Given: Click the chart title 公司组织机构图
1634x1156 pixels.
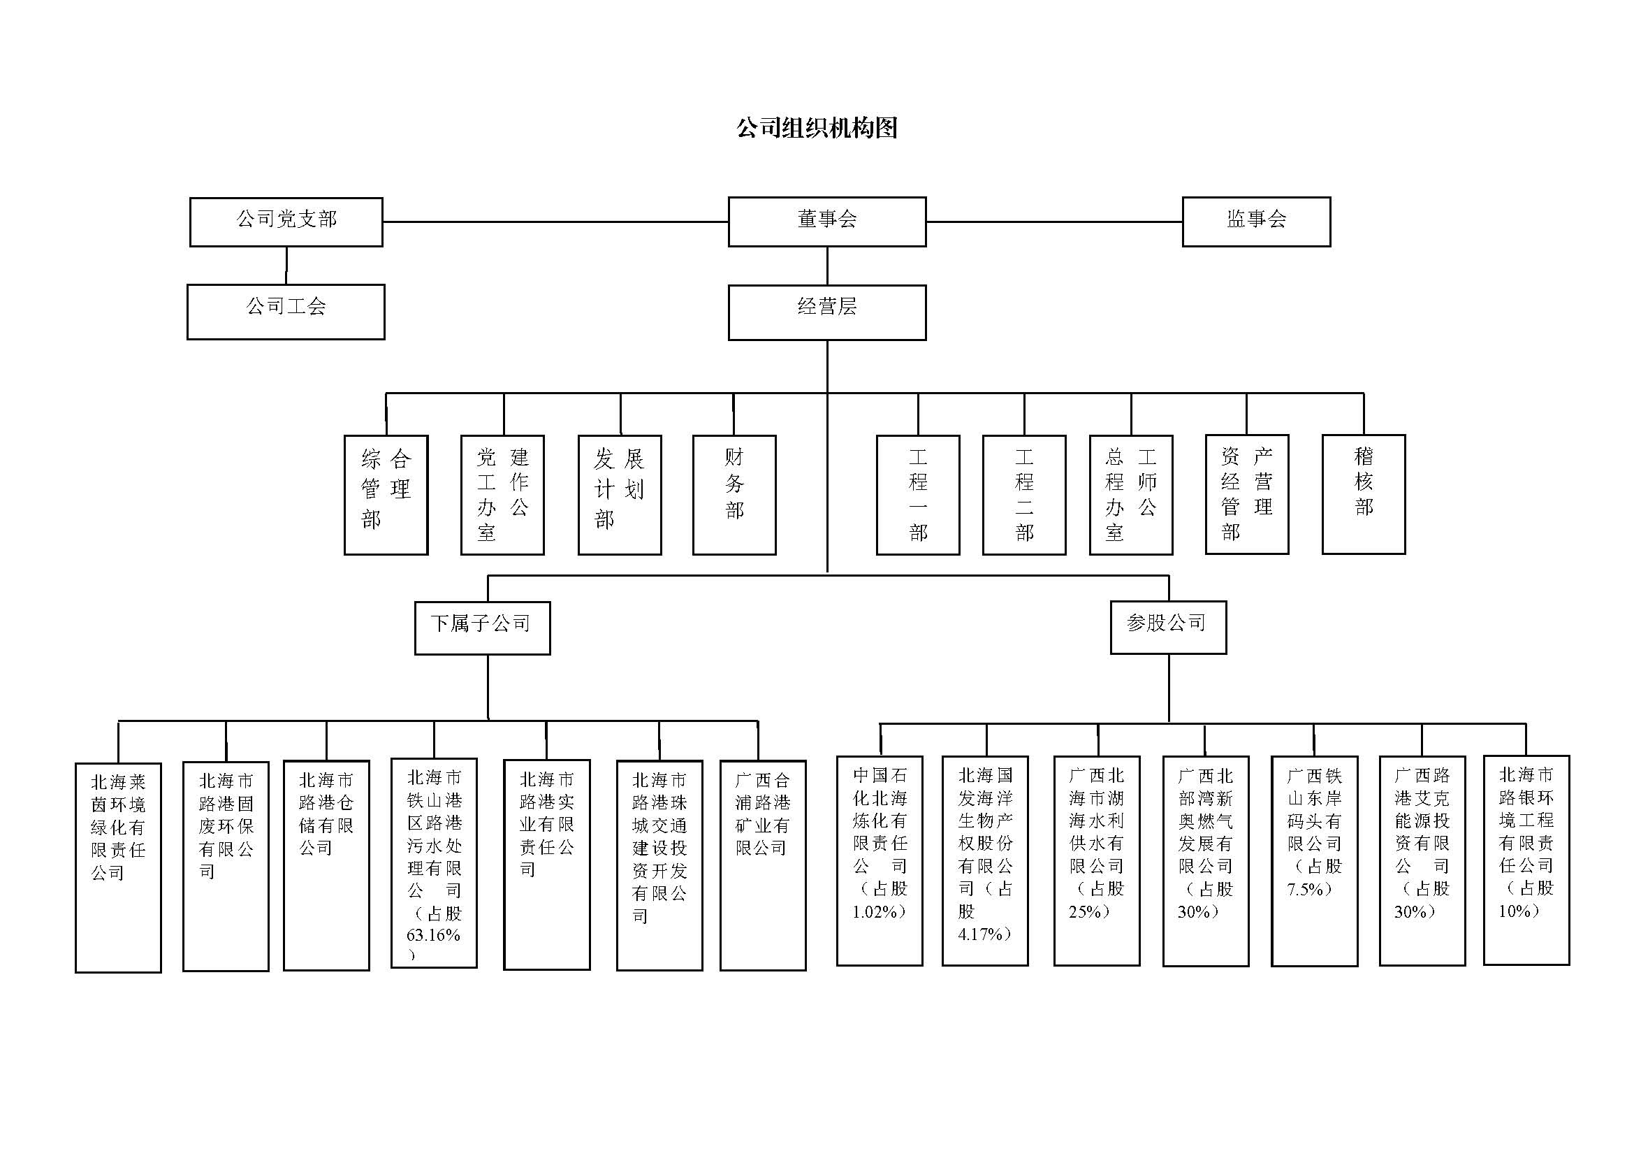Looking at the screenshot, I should tap(816, 128).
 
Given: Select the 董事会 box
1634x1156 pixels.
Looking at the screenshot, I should tap(827, 222).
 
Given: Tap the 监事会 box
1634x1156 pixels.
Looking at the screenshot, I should tap(1256, 222).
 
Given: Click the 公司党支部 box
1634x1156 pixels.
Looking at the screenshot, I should tap(286, 222).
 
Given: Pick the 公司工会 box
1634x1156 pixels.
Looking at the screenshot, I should tap(286, 312).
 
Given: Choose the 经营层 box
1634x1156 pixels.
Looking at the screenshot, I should tap(827, 312).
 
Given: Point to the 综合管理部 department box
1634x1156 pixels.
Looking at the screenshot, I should tap(386, 495).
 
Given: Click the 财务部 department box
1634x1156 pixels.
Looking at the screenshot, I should tap(734, 495).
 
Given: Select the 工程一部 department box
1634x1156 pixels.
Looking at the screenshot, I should tap(918, 495).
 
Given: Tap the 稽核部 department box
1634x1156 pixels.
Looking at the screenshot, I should tap(1364, 494).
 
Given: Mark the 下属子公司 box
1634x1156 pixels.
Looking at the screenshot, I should tap(483, 628).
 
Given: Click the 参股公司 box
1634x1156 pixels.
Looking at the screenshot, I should tap(1169, 627).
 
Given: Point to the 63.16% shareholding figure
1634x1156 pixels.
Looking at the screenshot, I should tap(432, 935).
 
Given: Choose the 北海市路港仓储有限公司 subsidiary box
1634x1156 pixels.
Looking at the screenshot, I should tap(327, 865).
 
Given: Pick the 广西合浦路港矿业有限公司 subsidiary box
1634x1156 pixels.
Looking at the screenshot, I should tap(763, 865).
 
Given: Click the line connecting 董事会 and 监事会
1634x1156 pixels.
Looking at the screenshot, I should tap(1053, 222).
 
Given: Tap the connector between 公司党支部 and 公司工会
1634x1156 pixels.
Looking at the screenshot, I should tap(286, 266).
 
